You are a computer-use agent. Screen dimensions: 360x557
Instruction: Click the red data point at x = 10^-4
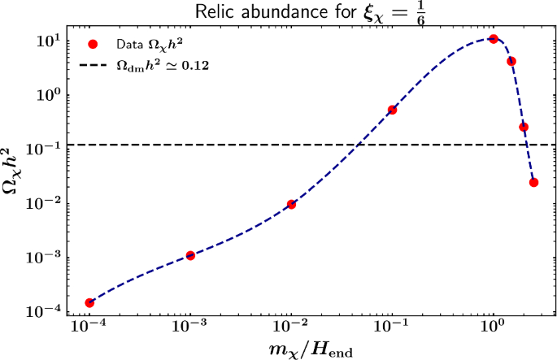tap(89, 303)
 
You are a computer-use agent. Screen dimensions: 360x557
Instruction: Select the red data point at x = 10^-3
tap(190, 255)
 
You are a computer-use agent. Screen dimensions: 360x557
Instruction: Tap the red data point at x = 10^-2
tap(291, 204)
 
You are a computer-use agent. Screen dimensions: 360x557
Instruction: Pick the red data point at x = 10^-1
tap(392, 110)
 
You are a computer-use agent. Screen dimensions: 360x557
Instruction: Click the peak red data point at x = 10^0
tap(493, 39)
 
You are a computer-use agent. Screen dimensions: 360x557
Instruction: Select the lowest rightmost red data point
tap(533, 182)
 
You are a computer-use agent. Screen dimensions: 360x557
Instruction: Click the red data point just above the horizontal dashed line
tap(524, 127)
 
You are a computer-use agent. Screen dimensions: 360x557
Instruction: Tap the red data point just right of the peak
tap(511, 61)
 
